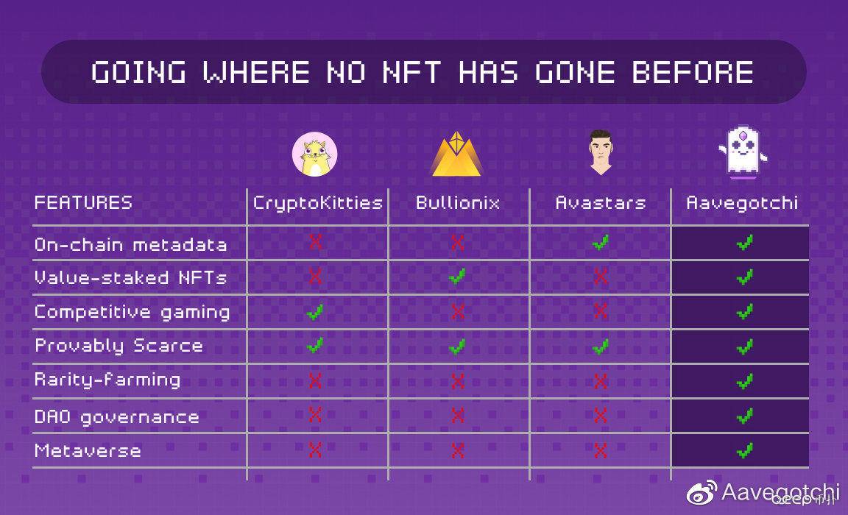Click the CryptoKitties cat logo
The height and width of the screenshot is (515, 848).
[x=315, y=154]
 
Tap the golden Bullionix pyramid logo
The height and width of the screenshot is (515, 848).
[x=457, y=154]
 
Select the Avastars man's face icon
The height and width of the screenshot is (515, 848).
[x=601, y=152]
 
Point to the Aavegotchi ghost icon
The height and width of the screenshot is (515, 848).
[x=743, y=153]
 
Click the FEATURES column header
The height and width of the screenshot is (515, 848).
[x=83, y=202]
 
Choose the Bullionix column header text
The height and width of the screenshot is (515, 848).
[x=458, y=202]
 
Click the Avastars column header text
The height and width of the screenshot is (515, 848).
[x=601, y=202]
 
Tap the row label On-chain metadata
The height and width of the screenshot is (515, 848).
[x=130, y=244]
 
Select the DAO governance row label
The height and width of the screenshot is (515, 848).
[x=117, y=416]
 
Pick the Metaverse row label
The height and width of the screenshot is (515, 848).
[x=88, y=451]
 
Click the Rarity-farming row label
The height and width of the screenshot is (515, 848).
[x=107, y=380]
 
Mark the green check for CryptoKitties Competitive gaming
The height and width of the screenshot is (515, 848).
[x=315, y=312]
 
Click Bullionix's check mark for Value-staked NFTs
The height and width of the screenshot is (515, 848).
[x=457, y=277]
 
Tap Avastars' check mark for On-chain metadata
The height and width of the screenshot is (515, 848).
[x=601, y=242]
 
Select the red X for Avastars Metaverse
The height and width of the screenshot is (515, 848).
[x=601, y=450]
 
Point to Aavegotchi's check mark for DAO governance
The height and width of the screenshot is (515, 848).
[x=745, y=416]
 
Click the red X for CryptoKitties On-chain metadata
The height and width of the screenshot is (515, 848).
[x=315, y=242]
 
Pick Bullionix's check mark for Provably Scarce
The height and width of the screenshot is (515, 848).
[x=457, y=346]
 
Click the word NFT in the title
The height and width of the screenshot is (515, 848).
[x=411, y=72]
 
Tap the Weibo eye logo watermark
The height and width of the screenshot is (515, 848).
[x=702, y=492]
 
